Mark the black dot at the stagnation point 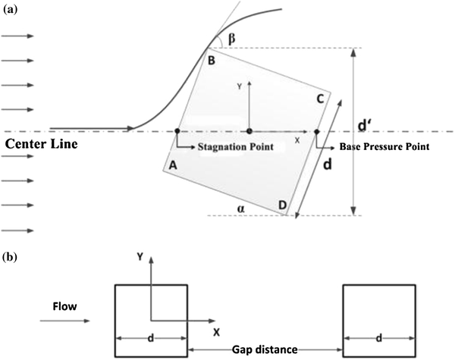pyautogui.click(x=177, y=130)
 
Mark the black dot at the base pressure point pyautogui.click(x=316, y=130)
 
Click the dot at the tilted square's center pyautogui.click(x=249, y=130)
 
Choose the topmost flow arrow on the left pyautogui.click(x=17, y=36)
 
